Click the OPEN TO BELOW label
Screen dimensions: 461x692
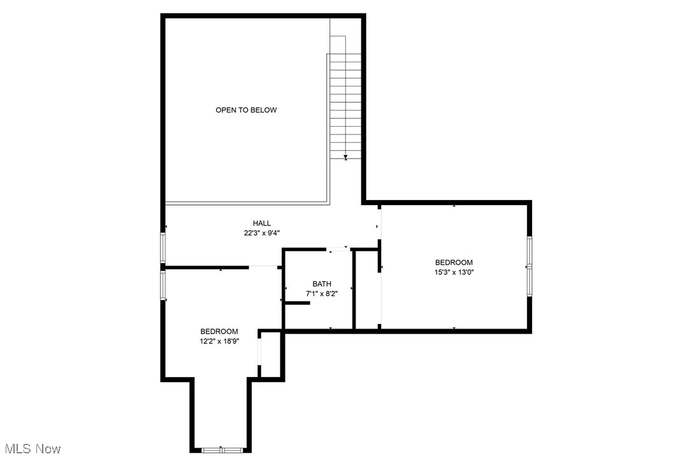(246, 110)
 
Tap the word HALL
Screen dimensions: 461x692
(261, 223)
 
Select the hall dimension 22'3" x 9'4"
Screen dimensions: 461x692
(261, 233)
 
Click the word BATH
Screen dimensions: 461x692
(322, 284)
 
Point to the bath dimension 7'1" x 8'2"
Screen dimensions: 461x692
(322, 294)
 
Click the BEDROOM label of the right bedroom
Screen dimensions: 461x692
(454, 262)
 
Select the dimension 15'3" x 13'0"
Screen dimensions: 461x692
(454, 272)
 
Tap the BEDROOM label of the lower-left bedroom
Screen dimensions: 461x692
(219, 331)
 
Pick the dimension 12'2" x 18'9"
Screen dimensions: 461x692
(219, 341)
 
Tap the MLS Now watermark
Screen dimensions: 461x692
(31, 449)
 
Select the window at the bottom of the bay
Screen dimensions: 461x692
(222, 450)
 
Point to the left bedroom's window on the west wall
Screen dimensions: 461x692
(163, 285)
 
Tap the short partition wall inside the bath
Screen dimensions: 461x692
(297, 303)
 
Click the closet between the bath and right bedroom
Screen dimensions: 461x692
(367, 290)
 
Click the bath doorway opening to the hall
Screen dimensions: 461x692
(338, 250)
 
